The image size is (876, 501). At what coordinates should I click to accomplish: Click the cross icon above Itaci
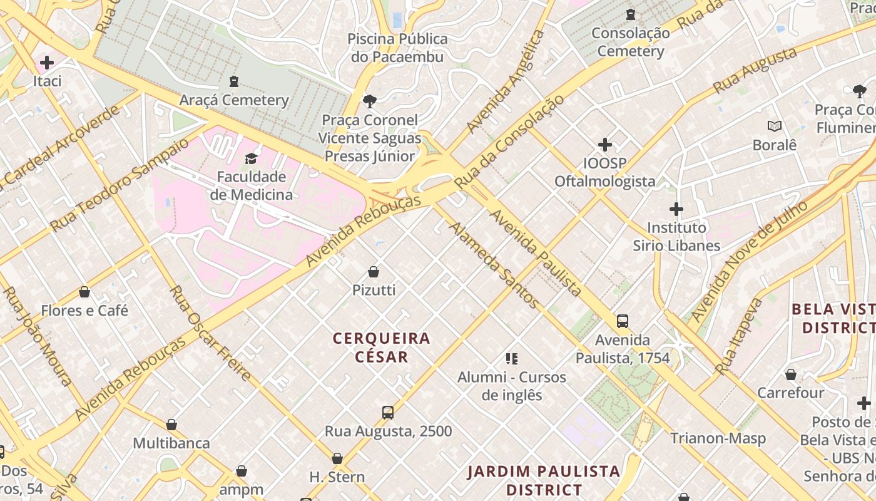point(47,63)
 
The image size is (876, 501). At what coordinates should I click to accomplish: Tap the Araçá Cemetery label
point(234,100)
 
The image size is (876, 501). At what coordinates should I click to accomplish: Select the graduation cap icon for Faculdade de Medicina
point(251,158)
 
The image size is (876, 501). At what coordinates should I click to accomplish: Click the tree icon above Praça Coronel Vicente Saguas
point(370,101)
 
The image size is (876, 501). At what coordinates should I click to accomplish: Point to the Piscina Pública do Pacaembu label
point(398,48)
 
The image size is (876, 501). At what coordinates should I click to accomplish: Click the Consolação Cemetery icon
point(631,14)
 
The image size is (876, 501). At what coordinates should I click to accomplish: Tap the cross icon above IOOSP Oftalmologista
point(605,145)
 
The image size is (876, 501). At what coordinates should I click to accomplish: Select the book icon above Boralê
point(775,126)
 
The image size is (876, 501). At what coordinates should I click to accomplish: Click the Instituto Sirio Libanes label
point(676,236)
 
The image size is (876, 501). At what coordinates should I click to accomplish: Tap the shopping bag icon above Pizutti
point(374,272)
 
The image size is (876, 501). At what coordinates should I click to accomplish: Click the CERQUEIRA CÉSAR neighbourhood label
point(382,348)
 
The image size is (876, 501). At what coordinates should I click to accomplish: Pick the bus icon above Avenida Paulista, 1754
point(623,321)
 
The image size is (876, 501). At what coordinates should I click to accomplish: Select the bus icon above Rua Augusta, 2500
point(388,413)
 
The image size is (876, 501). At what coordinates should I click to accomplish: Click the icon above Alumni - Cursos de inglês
point(512,359)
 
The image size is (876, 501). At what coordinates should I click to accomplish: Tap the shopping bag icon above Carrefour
point(791,374)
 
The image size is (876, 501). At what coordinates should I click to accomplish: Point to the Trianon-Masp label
point(718,438)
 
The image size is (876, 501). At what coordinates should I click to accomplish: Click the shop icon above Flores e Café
point(84,292)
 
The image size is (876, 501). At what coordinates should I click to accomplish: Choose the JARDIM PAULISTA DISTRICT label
point(544,480)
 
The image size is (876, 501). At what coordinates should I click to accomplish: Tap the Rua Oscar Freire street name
point(210,333)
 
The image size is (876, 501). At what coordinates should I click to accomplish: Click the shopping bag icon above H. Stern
point(337,458)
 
